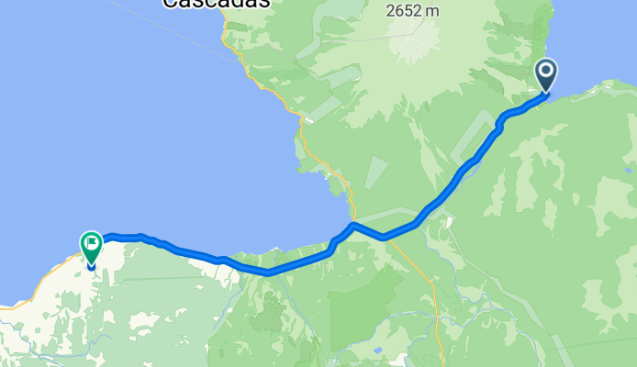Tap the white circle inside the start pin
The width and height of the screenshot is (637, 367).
click(545, 71)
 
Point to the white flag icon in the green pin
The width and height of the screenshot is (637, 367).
click(91, 244)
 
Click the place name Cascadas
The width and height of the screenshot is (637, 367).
click(217, 3)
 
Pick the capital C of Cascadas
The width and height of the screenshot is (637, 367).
click(170, 3)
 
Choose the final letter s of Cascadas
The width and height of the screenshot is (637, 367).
click(264, 3)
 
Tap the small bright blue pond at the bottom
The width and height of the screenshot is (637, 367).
click(377, 350)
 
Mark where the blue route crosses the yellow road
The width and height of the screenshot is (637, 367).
click(354, 224)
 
